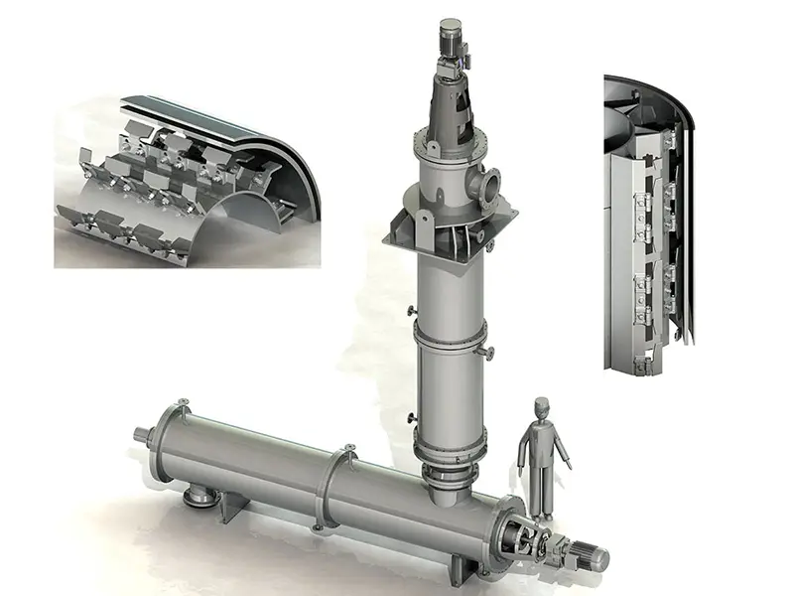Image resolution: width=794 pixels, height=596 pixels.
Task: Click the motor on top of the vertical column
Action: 448,40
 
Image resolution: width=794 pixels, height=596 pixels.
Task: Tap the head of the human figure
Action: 539,407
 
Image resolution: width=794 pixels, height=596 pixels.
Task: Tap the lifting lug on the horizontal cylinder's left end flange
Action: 185,400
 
